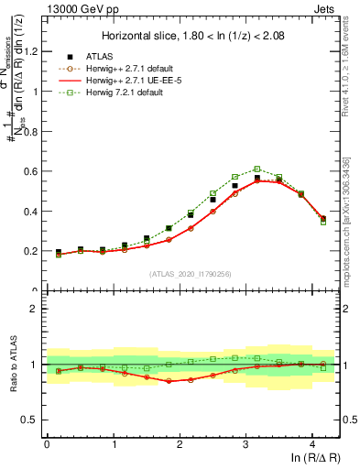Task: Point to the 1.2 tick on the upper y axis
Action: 31,51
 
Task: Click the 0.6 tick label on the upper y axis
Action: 31,171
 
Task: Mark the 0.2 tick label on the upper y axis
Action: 31,251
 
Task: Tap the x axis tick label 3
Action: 245,444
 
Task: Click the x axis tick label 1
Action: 113,444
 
